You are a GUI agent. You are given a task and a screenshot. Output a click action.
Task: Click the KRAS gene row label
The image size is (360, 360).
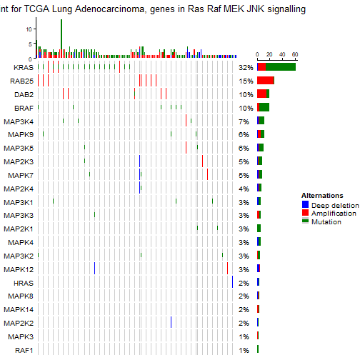22,67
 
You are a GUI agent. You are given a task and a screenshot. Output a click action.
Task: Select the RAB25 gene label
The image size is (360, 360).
21,81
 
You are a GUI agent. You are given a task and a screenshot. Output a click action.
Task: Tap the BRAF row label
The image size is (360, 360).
23,108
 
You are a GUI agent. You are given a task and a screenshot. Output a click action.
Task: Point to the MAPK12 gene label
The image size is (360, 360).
18,269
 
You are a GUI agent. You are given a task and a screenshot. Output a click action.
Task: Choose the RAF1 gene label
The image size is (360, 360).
23,350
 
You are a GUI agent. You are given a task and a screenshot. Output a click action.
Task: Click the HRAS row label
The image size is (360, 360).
22,283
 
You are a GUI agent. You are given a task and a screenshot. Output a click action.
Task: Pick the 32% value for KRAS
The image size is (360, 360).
246,67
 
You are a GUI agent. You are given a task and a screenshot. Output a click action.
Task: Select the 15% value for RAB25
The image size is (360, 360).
246,81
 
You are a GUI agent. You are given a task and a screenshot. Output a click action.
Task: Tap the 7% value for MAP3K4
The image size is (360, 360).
244,121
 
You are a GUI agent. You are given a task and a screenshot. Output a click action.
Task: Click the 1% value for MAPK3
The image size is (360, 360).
244,336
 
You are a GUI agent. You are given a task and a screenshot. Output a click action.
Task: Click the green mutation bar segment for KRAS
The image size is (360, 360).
280,66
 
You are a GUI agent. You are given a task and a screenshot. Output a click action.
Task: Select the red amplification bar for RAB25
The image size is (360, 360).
266,80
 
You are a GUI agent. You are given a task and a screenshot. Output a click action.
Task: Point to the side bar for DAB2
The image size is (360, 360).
262,94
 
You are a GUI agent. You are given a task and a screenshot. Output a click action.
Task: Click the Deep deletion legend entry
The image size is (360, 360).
329,205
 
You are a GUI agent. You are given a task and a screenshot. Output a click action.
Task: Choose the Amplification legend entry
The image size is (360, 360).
328,214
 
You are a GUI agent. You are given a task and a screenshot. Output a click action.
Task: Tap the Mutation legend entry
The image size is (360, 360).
322,222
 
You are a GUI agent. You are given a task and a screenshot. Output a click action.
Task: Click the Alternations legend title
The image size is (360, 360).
322,195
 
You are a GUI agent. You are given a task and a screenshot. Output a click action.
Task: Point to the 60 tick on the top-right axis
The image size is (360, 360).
294,54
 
